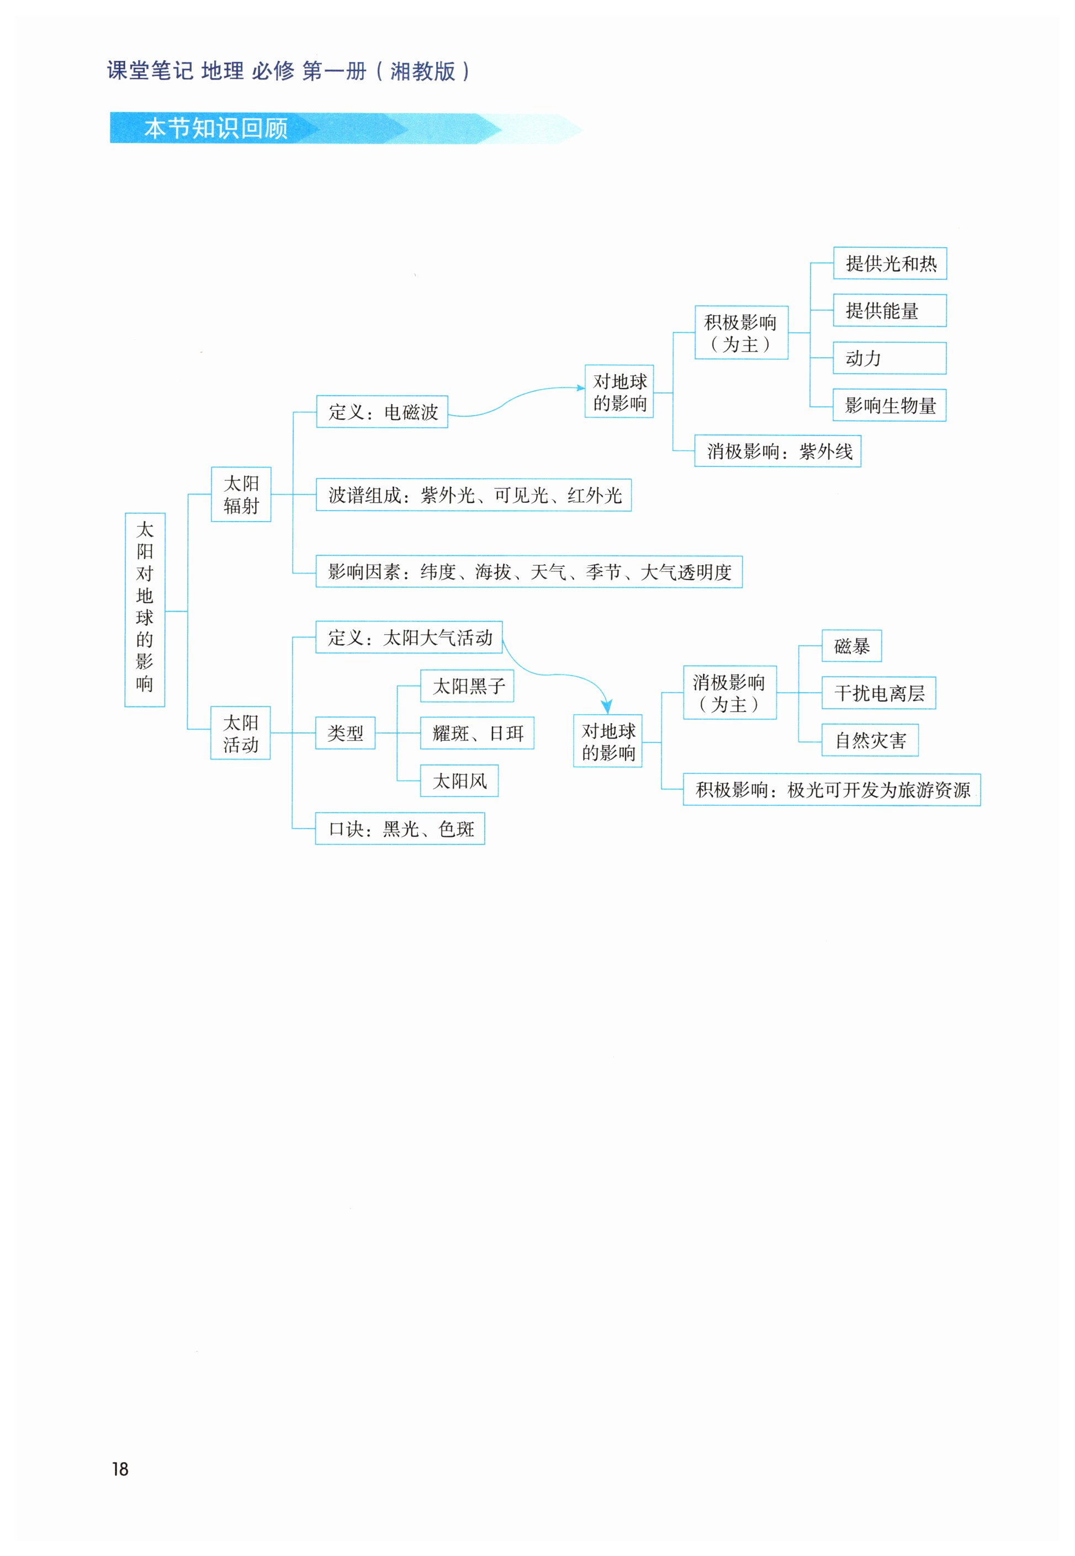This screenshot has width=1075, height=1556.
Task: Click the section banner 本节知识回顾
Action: point(215,128)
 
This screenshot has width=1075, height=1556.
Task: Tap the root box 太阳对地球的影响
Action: point(145,609)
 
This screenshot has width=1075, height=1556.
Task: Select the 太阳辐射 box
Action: point(241,494)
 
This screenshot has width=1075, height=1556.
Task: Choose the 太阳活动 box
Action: point(241,733)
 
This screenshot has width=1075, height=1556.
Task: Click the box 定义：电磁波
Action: point(382,411)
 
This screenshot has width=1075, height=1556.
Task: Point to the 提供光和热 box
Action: point(890,263)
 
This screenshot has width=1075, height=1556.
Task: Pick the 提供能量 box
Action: point(890,310)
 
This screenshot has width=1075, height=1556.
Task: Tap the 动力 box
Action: point(890,358)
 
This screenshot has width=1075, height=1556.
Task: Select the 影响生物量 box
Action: point(890,405)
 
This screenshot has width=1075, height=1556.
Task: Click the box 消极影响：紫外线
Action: point(778,451)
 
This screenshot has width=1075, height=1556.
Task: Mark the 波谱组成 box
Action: point(474,495)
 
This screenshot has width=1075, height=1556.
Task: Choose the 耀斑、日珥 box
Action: point(477,733)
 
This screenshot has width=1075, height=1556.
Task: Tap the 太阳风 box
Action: point(459,781)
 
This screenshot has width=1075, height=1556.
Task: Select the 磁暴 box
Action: point(851,646)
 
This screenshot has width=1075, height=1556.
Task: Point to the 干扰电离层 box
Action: point(878,693)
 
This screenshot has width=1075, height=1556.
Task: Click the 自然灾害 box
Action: point(870,741)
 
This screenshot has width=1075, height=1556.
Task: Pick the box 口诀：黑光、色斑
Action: point(400,829)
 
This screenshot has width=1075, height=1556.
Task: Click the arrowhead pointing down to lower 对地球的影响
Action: point(607,707)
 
